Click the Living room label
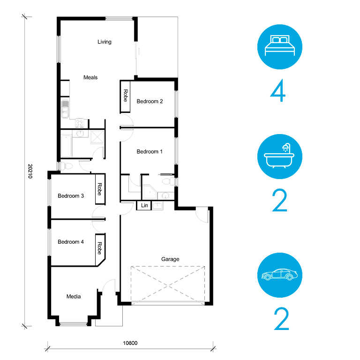tap(105, 42)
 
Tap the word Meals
tap(90, 77)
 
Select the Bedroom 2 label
tap(150, 101)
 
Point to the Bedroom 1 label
tap(150, 151)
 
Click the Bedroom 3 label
tap(71, 196)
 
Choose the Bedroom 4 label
tap(71, 242)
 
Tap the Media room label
tap(74, 296)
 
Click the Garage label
tap(170, 259)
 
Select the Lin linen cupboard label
tap(144, 205)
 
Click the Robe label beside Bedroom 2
tap(126, 96)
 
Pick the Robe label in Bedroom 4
tap(99, 248)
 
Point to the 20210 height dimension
tap(30, 171)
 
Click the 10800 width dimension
tap(130, 343)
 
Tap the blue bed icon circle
tap(280, 47)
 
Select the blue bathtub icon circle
tap(280, 157)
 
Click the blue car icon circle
tap(280, 275)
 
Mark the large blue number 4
tap(278, 90)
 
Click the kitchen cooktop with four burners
tap(80, 123)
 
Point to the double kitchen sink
tap(65, 109)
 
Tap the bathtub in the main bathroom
tap(66, 146)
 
